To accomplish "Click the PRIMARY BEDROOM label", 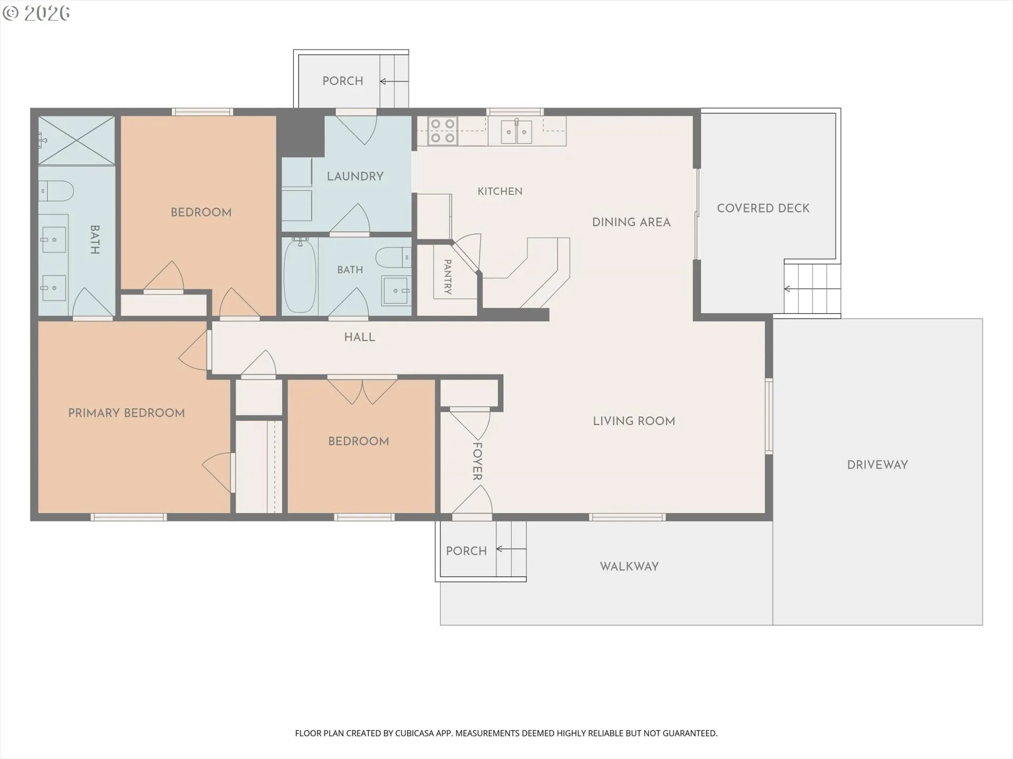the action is pyautogui.click(x=127, y=413).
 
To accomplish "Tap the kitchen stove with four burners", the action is pyautogui.click(x=443, y=131).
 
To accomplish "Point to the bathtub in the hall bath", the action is pyautogui.click(x=300, y=276).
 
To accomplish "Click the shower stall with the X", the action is pyautogui.click(x=77, y=141).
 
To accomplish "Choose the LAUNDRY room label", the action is pyautogui.click(x=355, y=176).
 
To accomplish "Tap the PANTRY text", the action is pyautogui.click(x=447, y=277).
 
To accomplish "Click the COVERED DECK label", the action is pyautogui.click(x=763, y=208).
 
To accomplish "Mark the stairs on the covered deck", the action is pyautogui.click(x=811, y=288).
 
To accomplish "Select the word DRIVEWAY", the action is pyautogui.click(x=877, y=465).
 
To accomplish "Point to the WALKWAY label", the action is pyautogui.click(x=629, y=567).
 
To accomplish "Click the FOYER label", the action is pyautogui.click(x=477, y=462).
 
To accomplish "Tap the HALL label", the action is pyautogui.click(x=360, y=337).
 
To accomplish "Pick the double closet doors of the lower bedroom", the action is pyautogui.click(x=362, y=391).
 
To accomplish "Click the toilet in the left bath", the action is pyautogui.click(x=56, y=191).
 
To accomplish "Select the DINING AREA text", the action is pyautogui.click(x=631, y=222).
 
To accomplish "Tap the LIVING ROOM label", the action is pyautogui.click(x=634, y=421).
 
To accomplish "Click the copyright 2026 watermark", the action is pyautogui.click(x=36, y=13).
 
